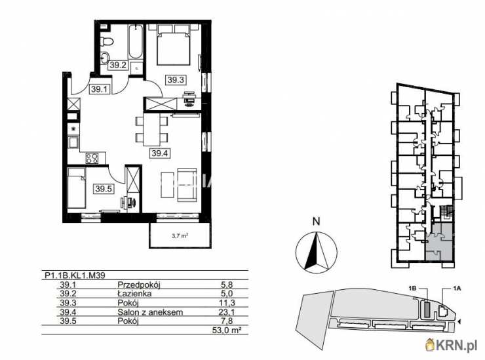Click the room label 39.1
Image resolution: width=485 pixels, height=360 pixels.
[99, 89]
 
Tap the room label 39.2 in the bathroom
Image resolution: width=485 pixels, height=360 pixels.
[118, 65]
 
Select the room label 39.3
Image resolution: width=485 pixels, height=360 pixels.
[176, 80]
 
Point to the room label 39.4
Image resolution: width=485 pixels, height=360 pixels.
[160, 153]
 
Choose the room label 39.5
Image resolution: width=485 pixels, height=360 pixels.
[104, 188]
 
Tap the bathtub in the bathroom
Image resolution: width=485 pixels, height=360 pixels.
[135, 43]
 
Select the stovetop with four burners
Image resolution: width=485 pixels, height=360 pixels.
[92, 158]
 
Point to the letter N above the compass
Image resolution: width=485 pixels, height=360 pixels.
[316, 222]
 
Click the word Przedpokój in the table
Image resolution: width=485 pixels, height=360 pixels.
[139, 285]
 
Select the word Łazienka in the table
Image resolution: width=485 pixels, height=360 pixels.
[134, 294]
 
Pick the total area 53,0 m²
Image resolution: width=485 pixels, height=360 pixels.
[227, 330]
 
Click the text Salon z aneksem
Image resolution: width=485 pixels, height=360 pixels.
[150, 312]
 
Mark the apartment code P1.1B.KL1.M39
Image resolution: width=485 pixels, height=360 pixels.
[75, 275]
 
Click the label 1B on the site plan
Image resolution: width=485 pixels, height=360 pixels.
[413, 288]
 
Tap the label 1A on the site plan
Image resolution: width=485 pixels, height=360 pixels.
[457, 288]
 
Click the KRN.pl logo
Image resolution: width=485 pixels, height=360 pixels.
[452, 344]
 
